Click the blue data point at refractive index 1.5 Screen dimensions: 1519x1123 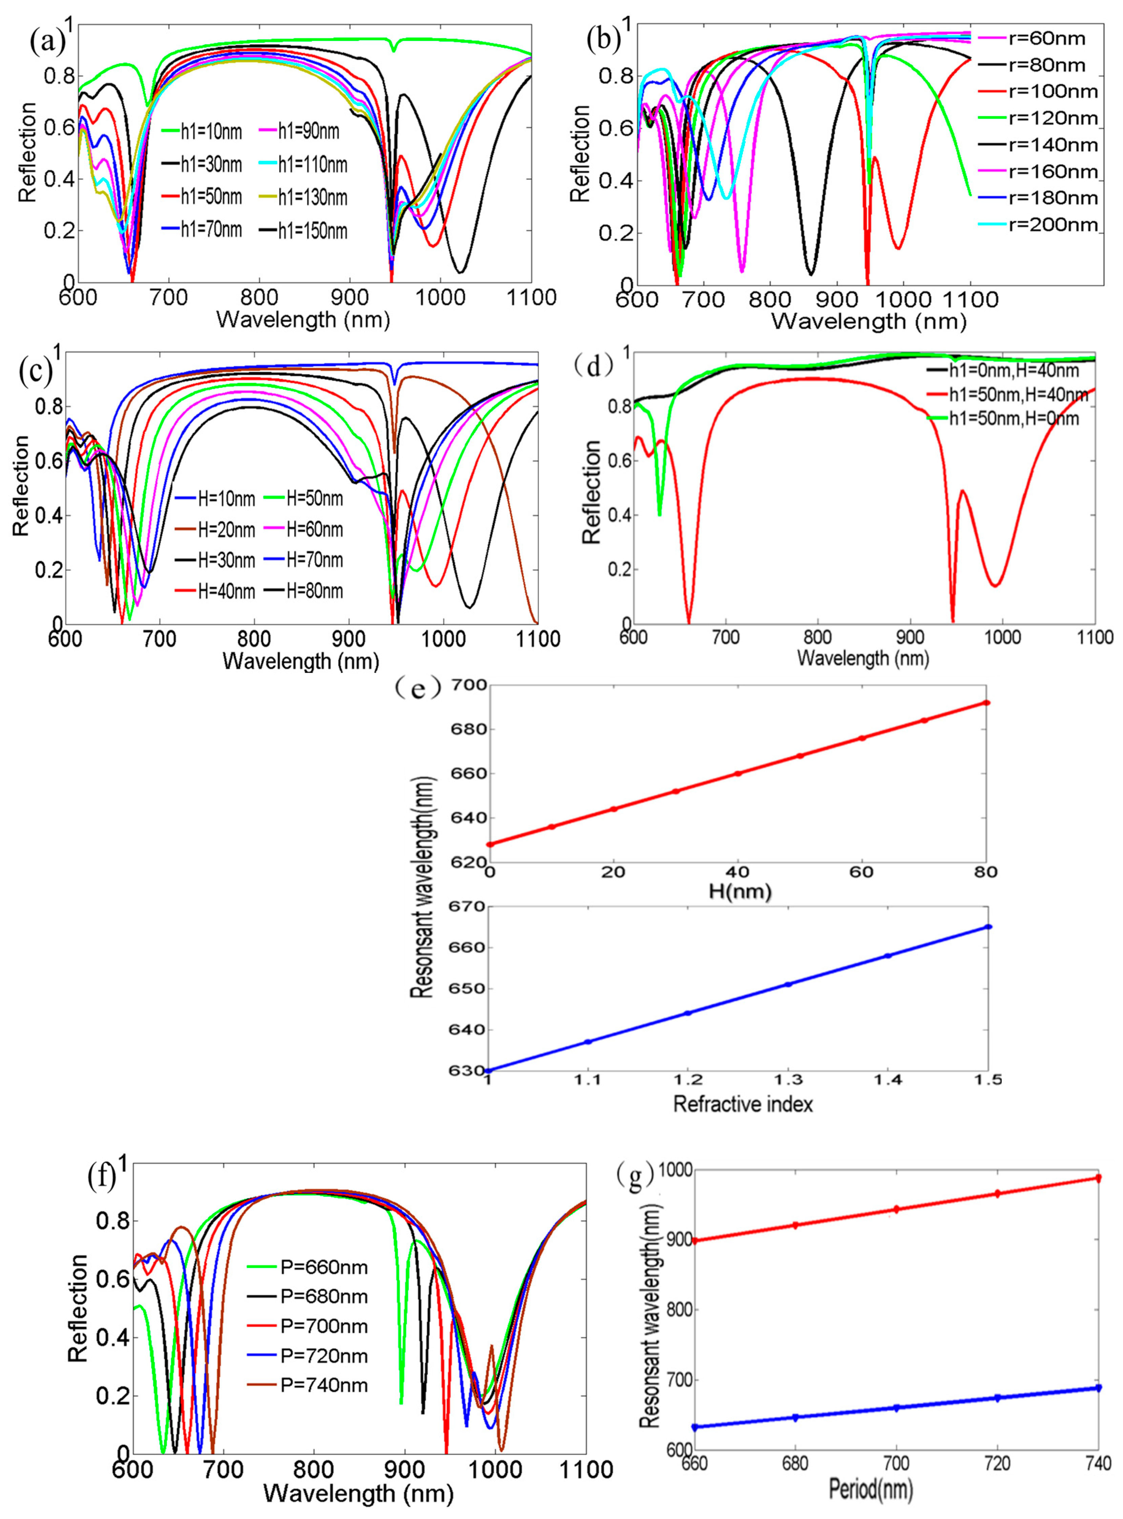[x=989, y=927]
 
